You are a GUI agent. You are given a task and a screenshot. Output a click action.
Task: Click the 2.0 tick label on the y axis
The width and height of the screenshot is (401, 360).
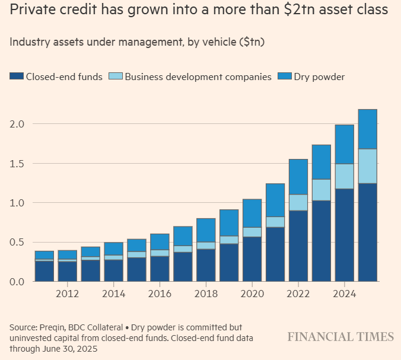(17, 124)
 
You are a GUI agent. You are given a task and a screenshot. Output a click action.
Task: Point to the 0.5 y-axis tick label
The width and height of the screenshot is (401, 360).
(17, 242)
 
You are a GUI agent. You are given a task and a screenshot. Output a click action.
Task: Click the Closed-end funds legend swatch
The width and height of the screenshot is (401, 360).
(17, 77)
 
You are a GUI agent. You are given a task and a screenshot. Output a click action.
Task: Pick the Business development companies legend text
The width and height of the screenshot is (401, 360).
(198, 77)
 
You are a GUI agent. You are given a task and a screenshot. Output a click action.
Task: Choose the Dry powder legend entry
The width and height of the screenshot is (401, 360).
(319, 77)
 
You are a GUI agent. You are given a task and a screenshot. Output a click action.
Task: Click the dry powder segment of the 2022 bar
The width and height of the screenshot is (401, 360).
(298, 176)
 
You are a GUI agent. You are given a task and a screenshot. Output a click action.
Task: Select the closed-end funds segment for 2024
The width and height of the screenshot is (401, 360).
(345, 235)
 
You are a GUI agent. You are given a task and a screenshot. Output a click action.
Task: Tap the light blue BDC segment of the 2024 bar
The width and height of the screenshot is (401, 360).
(345, 176)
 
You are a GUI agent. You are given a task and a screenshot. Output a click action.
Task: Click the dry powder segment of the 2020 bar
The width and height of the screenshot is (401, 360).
(252, 213)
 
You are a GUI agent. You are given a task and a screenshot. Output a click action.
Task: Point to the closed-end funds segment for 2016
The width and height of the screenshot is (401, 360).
(160, 269)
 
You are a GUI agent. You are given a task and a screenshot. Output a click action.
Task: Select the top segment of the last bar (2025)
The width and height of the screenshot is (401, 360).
(368, 129)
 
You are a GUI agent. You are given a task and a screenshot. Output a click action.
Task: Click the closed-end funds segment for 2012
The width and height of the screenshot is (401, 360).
(67, 271)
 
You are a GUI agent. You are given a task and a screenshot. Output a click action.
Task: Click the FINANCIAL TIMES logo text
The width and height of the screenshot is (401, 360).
(340, 337)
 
